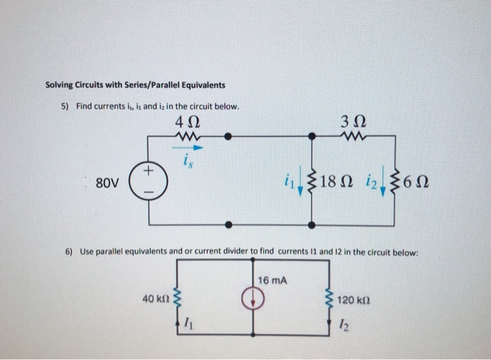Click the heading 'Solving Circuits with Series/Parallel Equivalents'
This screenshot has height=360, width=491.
coord(135,86)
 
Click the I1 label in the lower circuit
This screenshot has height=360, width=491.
coord(188,324)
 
